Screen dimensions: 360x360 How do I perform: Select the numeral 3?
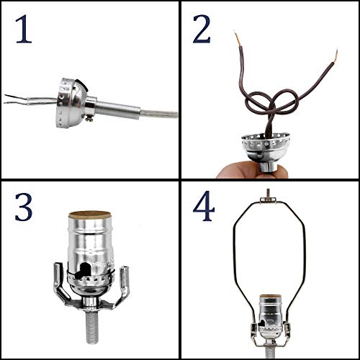(x=24, y=208)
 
